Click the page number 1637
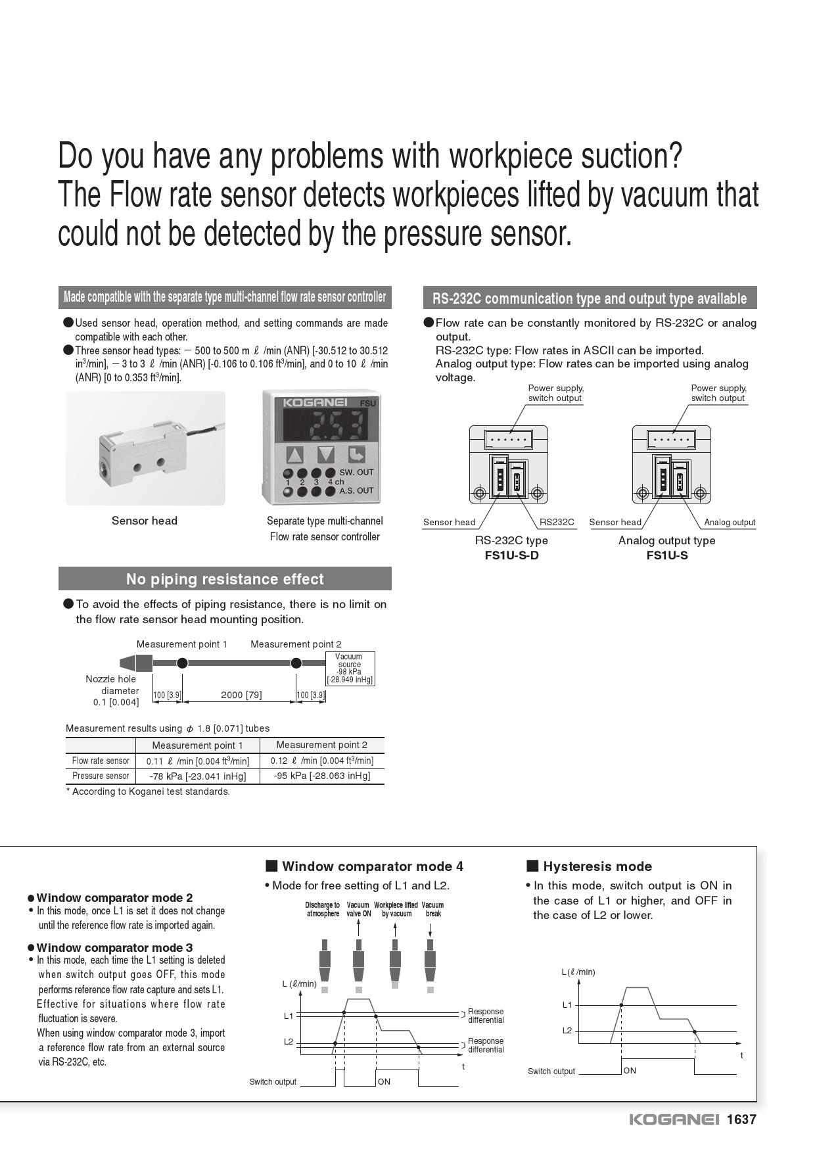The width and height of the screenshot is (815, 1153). [x=741, y=1119]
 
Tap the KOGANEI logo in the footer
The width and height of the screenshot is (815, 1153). [x=674, y=1119]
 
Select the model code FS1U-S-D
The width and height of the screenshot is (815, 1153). [x=511, y=555]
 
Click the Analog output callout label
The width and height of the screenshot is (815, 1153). [x=730, y=523]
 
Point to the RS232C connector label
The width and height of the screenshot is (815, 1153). [x=557, y=523]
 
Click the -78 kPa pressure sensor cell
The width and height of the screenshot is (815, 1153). [x=197, y=776]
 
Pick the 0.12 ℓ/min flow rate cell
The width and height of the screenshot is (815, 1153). [x=321, y=761]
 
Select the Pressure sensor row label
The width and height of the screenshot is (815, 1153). [x=101, y=776]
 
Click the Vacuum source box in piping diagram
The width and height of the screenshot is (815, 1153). [x=350, y=668]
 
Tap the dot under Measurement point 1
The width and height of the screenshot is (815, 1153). [x=183, y=663]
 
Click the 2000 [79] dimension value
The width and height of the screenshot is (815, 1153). [x=241, y=695]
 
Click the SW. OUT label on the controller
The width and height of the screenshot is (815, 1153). [x=356, y=473]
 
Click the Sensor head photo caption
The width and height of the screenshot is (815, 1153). [x=145, y=521]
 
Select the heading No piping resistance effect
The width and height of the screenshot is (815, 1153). [x=225, y=579]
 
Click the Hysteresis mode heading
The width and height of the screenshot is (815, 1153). [x=597, y=866]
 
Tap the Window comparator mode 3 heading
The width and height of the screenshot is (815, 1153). [x=114, y=947]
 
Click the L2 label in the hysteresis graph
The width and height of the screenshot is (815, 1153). [x=567, y=1031]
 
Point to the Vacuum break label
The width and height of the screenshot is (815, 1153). [x=432, y=909]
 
